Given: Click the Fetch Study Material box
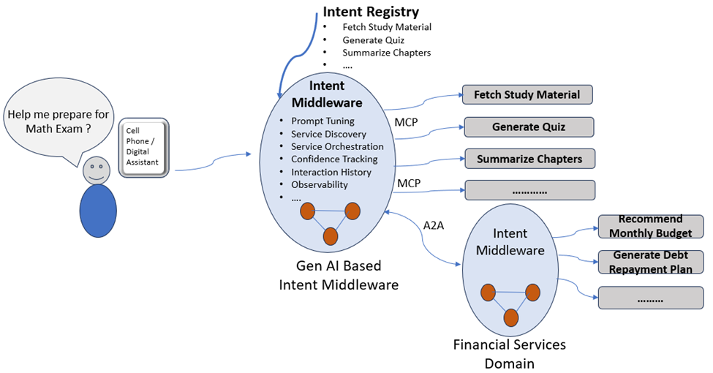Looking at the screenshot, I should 527,94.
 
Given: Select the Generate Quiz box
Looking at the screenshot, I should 528,127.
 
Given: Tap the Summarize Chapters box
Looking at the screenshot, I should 529,159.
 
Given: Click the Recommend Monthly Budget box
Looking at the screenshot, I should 650,226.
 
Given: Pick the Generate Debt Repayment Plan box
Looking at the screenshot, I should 650,262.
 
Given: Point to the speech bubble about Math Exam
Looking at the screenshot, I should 57,121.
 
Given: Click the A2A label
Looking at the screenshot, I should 434,225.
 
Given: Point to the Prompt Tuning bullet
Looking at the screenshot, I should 322,121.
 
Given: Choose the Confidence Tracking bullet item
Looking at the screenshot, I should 334,159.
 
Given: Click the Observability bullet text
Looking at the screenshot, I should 320,184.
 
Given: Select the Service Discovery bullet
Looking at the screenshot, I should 328,134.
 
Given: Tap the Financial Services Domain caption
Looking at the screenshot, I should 510,353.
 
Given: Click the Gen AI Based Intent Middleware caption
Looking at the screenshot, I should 339,275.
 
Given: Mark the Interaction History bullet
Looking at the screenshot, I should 331,172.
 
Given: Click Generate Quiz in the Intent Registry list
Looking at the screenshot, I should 373,39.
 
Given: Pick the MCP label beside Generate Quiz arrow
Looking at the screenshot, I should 406,122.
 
